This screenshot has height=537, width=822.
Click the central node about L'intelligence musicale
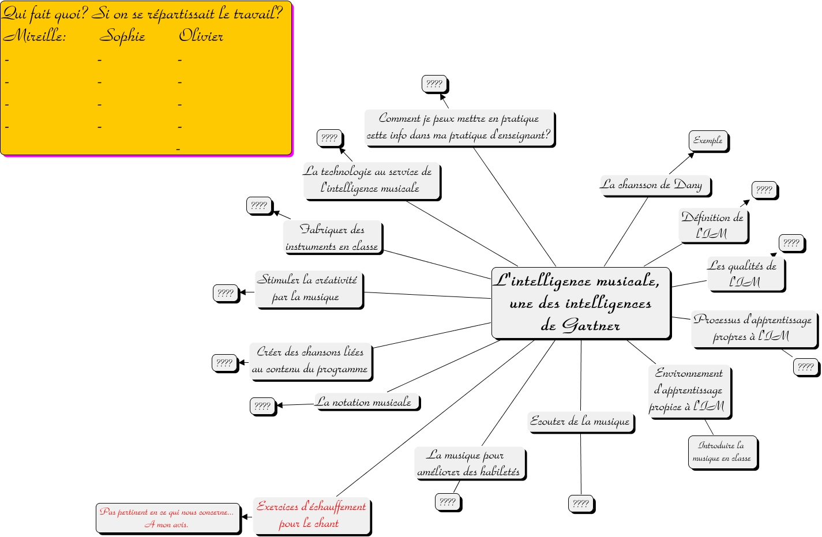coord(581,303)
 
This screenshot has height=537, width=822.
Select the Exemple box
coord(708,140)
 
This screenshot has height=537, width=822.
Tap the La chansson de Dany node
coord(655,185)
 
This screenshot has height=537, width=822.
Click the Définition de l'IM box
coord(713,225)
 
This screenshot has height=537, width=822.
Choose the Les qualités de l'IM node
coord(745,273)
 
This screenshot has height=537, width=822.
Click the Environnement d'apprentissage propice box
coord(689,390)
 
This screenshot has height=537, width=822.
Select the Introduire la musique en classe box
coord(722,452)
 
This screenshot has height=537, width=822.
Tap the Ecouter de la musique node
coord(580,422)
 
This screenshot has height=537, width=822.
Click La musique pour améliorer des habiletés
coord(469,463)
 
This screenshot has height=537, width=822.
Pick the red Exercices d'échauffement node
coord(311,515)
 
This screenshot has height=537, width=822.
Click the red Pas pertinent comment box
coord(167,517)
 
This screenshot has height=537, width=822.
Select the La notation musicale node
coord(366,402)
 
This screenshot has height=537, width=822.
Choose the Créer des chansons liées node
coord(310,360)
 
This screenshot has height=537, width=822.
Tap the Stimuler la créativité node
coord(308,288)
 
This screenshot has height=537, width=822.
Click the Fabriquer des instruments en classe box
coord(332,238)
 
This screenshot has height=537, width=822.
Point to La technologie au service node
coord(371,180)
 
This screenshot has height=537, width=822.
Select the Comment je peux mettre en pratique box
coord(459,127)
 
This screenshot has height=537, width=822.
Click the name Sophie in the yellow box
coord(122,36)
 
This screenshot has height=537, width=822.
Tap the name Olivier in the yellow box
coord(201,36)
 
